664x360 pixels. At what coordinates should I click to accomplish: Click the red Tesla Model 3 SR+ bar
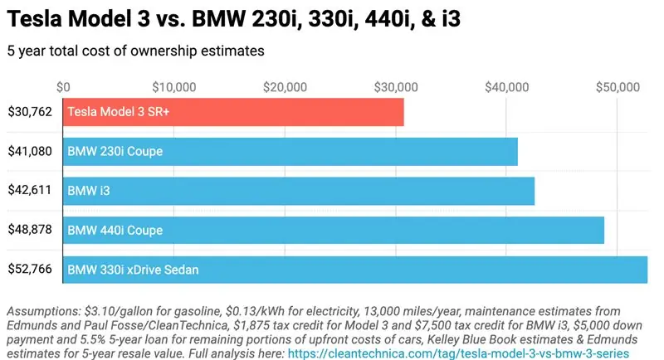pyautogui.click(x=233, y=112)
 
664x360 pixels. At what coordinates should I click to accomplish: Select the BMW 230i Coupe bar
pyautogui.click(x=290, y=151)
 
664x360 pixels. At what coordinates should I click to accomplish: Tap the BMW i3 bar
pyautogui.click(x=299, y=190)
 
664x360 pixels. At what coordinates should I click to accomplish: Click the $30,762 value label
pyautogui.click(x=30, y=112)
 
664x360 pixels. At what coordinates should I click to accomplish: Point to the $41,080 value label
pyautogui.click(x=30, y=151)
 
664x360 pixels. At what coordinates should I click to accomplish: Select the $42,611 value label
pyautogui.click(x=30, y=190)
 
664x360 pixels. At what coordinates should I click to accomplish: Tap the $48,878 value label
pyautogui.click(x=30, y=229)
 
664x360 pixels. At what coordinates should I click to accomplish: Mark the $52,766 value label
pyautogui.click(x=30, y=269)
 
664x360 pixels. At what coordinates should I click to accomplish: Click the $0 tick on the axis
pyautogui.click(x=64, y=86)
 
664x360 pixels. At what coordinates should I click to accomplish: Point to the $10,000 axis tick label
pyautogui.click(x=174, y=86)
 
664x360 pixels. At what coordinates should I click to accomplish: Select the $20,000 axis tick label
pyautogui.click(x=286, y=86)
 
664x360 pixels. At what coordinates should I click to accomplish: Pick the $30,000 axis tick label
pyautogui.click(x=396, y=86)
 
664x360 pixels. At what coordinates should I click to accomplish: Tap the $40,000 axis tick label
pyautogui.click(x=506, y=86)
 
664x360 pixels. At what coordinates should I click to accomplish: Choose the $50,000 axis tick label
pyautogui.click(x=617, y=86)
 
